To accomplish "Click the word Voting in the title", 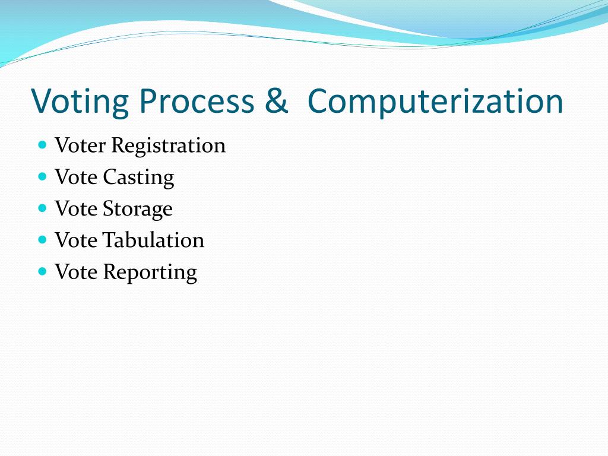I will (x=80, y=102).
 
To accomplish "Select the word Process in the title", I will (x=197, y=102).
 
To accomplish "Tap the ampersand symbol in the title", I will (x=276, y=102).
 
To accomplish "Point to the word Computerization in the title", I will (x=435, y=102).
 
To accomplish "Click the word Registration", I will (x=169, y=145).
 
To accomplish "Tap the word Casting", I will (x=138, y=178).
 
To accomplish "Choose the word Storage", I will (x=138, y=209).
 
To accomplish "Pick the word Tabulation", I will (x=153, y=240).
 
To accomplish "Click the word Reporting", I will (x=150, y=273).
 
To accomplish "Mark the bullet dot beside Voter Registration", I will (x=42, y=144).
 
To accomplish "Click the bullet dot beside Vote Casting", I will (x=42, y=176).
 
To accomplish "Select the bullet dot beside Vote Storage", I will (x=42, y=208).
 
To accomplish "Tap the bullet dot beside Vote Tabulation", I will (x=42, y=240).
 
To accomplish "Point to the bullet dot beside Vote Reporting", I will (x=42, y=271).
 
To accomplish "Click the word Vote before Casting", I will (x=76, y=178).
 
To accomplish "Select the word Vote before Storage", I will (x=76, y=209).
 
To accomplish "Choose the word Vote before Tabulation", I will (x=76, y=240).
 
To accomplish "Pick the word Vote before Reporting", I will (x=76, y=273).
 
